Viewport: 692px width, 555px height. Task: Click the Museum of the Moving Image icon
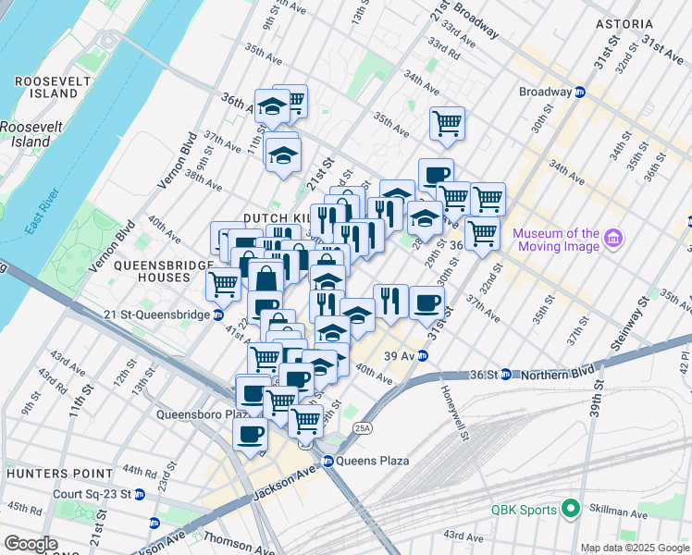coord(612,240)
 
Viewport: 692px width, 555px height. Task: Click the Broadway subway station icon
coord(580,92)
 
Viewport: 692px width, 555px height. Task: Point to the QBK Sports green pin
coord(571,510)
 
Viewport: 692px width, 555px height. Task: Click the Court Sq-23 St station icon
coord(140,494)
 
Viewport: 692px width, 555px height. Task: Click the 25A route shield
coord(364,427)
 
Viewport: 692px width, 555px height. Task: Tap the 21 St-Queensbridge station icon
coord(218,314)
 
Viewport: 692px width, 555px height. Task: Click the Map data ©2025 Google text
coord(633,548)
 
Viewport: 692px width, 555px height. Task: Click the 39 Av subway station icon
coord(422,355)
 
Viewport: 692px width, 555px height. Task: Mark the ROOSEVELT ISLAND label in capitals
coord(46,87)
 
